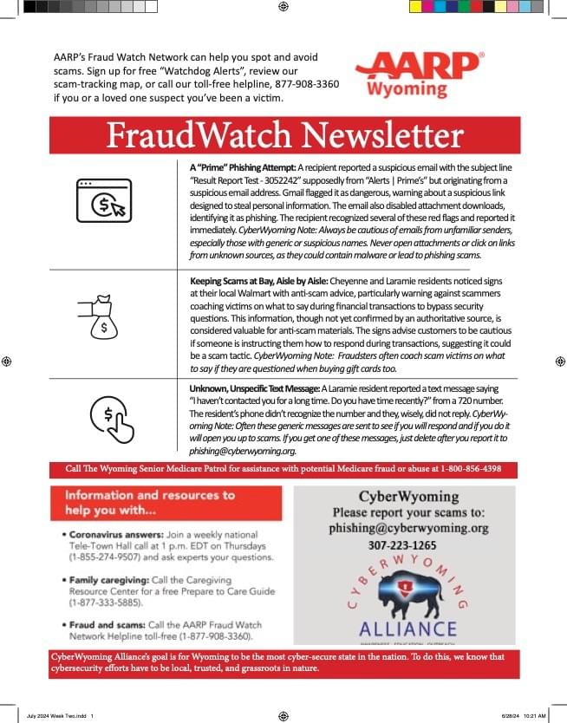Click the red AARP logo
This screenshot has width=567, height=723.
click(418, 66)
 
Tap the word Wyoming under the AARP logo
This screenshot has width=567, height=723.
click(407, 88)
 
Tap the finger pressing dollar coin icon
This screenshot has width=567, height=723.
click(112, 416)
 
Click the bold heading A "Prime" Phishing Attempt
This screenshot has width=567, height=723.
click(242, 166)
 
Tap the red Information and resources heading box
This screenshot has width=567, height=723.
click(166, 502)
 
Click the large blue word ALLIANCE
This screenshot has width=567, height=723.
click(407, 628)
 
